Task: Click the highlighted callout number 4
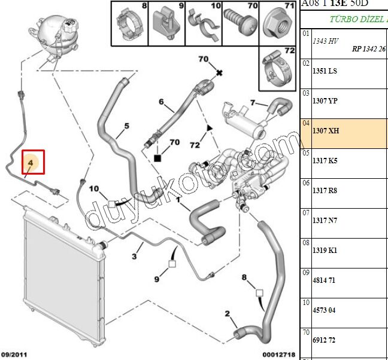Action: click(x=30, y=161)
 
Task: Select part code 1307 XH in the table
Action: click(x=326, y=130)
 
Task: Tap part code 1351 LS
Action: click(x=325, y=71)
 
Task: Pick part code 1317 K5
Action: click(x=325, y=160)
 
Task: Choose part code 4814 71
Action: click(x=325, y=280)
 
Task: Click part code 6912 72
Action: click(x=325, y=340)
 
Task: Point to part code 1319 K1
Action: click(x=325, y=250)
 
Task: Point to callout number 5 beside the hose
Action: click(x=127, y=126)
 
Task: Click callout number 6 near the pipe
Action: click(x=161, y=102)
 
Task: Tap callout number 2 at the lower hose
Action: click(x=227, y=313)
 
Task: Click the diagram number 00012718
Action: click(x=278, y=355)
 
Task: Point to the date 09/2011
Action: click(x=16, y=355)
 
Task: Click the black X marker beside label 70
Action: click(x=220, y=73)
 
